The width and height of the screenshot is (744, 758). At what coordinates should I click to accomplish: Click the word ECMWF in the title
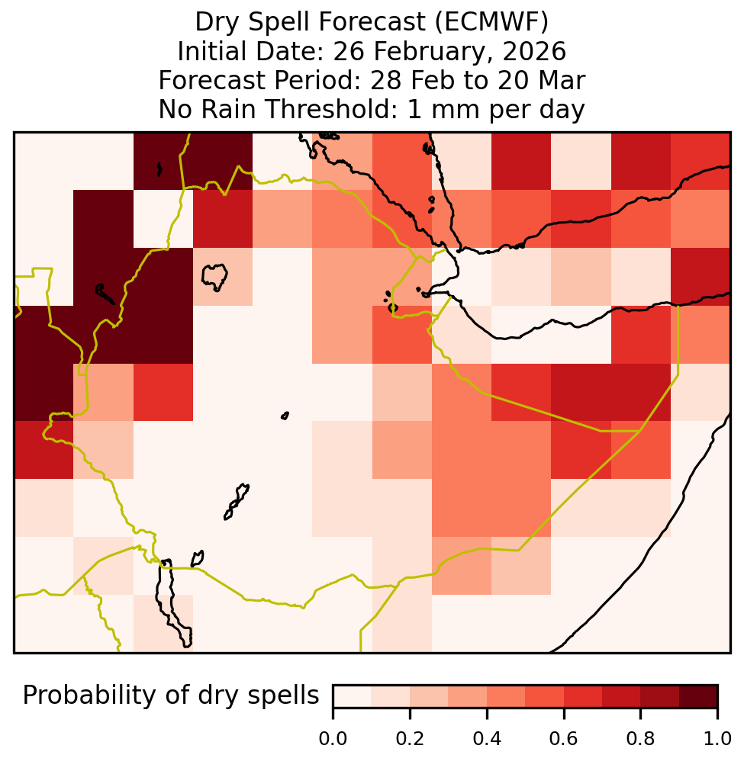click(491, 22)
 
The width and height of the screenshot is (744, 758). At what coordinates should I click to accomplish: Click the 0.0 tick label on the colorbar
click(333, 738)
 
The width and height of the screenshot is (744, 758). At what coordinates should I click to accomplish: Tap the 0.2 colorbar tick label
click(410, 738)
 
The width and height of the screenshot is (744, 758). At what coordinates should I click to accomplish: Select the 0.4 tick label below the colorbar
click(487, 738)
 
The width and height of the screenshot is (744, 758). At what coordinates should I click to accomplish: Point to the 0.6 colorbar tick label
click(564, 738)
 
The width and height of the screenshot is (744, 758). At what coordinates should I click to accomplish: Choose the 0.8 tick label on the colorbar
click(640, 738)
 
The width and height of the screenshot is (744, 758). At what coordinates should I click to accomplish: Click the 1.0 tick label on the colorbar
click(717, 738)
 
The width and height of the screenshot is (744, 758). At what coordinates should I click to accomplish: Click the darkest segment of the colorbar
click(698, 696)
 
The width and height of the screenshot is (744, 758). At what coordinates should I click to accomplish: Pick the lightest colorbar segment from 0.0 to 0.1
click(353, 696)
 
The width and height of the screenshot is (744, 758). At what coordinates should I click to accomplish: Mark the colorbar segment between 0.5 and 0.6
click(544, 696)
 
